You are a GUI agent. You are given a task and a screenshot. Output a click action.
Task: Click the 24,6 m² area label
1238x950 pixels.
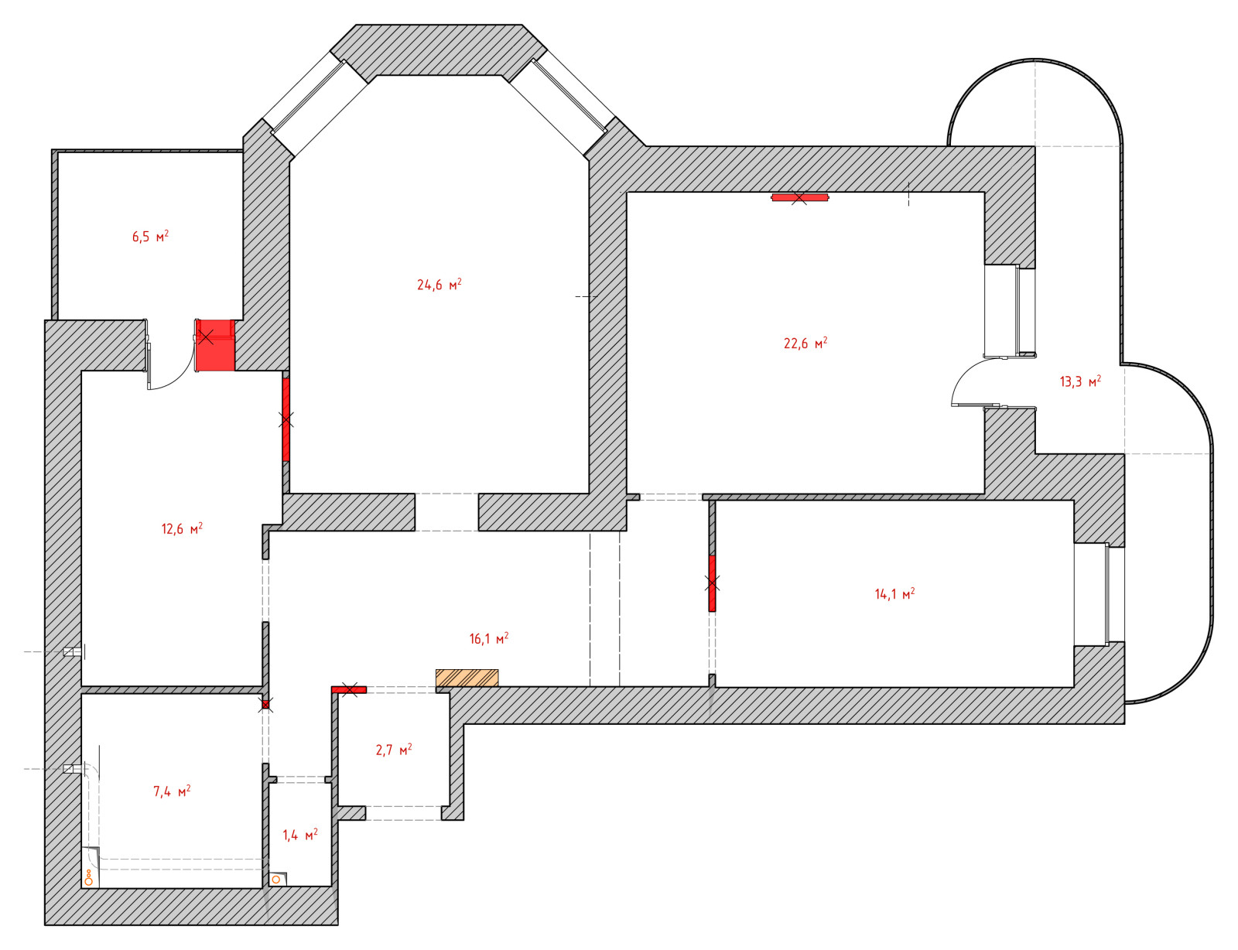[x=439, y=284]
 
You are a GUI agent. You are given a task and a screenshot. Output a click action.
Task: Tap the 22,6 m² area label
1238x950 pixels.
[x=805, y=343]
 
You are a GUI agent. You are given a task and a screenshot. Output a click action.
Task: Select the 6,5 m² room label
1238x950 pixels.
[x=150, y=237]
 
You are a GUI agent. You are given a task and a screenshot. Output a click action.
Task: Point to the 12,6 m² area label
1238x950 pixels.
[x=182, y=528]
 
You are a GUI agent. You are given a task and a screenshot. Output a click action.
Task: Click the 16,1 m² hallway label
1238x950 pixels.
[x=489, y=638]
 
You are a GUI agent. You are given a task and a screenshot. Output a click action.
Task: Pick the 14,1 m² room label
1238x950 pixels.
[x=894, y=594]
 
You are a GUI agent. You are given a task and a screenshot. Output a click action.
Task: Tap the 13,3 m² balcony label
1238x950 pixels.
[x=1080, y=381]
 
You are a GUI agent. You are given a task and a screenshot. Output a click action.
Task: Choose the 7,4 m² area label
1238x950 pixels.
[x=172, y=791]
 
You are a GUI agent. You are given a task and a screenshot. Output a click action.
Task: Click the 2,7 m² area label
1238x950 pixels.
[x=394, y=750]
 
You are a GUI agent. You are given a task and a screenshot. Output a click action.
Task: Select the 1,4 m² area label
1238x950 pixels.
[x=300, y=835]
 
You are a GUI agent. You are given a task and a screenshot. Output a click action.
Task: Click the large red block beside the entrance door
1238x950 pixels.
[x=215, y=345]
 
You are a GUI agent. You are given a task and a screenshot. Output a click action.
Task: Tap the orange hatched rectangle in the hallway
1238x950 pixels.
[x=467, y=678]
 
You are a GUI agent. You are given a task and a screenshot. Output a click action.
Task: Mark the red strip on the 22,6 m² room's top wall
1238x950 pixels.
[x=799, y=197]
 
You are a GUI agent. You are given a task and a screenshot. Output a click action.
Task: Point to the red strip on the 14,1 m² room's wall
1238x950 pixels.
[x=712, y=583]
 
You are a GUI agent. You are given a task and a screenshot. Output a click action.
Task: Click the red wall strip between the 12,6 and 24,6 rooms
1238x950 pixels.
[x=286, y=420]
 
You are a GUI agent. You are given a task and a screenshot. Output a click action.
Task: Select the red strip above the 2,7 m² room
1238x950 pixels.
[x=349, y=690]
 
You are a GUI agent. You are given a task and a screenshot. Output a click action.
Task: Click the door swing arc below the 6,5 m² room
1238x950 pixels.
[x=179, y=379]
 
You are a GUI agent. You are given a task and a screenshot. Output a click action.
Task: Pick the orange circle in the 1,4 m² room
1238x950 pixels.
[x=276, y=880]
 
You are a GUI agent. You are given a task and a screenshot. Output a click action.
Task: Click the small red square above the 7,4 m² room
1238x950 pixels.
[x=265, y=705]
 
